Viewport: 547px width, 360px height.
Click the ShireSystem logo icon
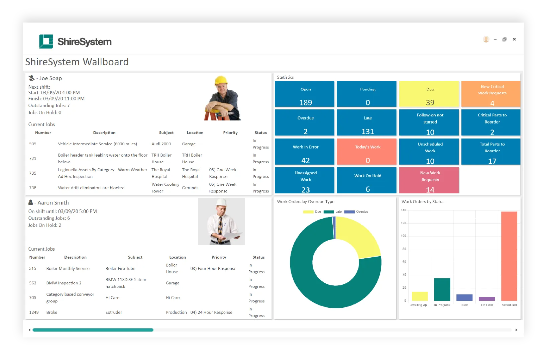point(46,41)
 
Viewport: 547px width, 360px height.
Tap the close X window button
point(514,39)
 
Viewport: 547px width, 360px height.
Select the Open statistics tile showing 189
point(305,94)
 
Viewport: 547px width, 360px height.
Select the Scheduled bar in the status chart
point(509,256)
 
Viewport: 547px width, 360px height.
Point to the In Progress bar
point(442,289)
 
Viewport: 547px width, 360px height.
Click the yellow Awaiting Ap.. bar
point(420,296)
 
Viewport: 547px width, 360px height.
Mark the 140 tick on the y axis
point(404,210)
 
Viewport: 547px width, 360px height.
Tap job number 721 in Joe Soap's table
point(33,159)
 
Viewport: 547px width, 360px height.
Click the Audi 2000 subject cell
point(161,144)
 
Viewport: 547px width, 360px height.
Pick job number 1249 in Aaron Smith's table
point(34,312)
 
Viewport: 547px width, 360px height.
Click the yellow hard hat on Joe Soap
point(221,80)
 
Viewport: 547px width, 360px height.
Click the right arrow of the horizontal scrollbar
point(516,330)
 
